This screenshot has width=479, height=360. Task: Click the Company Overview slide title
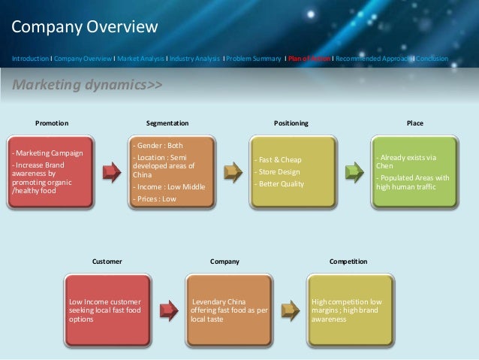click(x=85, y=28)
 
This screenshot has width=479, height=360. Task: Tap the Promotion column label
click(x=53, y=123)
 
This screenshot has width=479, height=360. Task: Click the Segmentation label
click(x=167, y=123)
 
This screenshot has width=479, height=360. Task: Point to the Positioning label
click(x=291, y=123)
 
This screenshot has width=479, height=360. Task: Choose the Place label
click(x=414, y=123)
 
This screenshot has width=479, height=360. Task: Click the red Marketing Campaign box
click(x=51, y=172)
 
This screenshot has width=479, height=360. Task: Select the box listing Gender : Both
click(x=172, y=172)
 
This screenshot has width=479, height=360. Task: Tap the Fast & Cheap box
click(x=294, y=172)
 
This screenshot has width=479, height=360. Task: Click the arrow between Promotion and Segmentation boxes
click(x=112, y=172)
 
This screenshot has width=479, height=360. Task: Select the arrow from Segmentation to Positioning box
click(x=233, y=172)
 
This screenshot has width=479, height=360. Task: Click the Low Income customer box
click(x=109, y=310)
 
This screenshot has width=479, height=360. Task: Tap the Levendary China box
click(x=229, y=310)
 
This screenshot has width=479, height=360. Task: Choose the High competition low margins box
click(x=350, y=310)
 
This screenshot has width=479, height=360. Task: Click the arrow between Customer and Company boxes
click(x=170, y=310)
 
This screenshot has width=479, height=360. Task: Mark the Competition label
click(x=348, y=262)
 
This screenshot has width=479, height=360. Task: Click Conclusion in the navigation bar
click(x=432, y=58)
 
